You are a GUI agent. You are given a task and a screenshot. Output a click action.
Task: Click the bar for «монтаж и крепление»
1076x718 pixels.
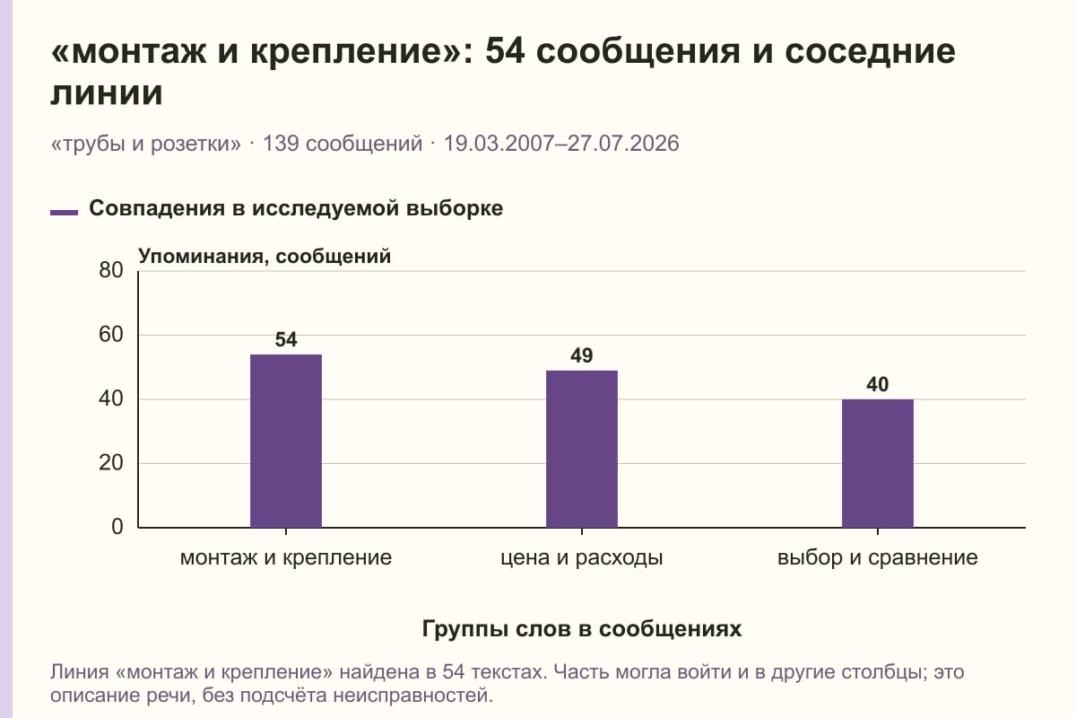pos(286,441)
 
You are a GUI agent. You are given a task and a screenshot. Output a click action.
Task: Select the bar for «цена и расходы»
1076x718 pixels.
pos(582,449)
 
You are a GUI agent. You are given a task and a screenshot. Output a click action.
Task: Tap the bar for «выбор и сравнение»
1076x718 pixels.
pos(878,463)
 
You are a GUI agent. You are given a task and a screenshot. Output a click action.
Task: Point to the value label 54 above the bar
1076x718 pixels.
pos(286,339)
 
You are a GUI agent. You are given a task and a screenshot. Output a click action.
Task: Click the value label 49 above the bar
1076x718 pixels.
pos(582,355)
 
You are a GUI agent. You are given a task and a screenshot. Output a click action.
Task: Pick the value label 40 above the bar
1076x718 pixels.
pos(878,384)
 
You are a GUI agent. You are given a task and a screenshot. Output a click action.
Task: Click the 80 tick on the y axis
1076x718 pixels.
pos(111,270)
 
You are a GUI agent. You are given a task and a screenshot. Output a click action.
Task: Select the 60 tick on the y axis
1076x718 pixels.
pos(111,335)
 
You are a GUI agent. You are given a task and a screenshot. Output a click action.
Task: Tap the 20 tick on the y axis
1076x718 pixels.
pos(111,463)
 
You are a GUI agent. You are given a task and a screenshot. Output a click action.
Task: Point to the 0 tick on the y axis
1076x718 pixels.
pos(117,527)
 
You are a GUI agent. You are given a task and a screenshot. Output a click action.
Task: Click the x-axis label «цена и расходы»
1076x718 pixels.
pos(582,558)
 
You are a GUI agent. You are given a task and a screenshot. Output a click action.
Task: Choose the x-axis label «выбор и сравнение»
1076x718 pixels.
pos(878,558)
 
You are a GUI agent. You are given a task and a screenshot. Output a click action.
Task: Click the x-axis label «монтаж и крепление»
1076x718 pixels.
pos(286,558)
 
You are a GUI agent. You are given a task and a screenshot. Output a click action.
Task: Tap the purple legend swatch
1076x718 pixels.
pos(64,213)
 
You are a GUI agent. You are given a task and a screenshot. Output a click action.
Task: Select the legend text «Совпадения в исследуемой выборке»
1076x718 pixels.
pos(296,208)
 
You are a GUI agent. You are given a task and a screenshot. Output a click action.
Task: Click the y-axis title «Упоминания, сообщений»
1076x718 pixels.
pos(265,257)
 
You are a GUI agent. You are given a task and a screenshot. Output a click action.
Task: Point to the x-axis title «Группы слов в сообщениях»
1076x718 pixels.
pos(582,628)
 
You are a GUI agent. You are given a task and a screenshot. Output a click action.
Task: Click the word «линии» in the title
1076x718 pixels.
pos(107,92)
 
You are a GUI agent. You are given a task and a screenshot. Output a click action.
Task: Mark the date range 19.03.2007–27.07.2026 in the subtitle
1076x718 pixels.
pos(561,144)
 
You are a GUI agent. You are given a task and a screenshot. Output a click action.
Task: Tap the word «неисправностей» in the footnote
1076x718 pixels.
pos(413,696)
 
